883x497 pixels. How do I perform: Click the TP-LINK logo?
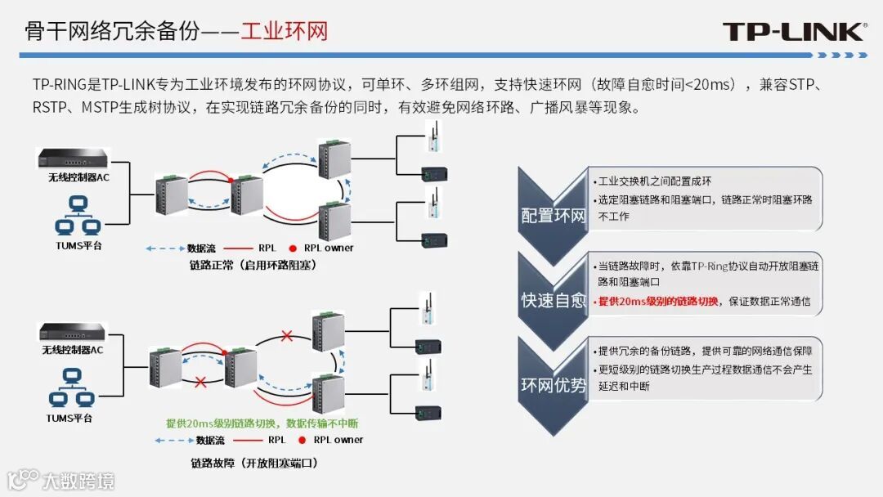(793, 32)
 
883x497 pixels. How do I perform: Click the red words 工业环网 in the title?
(284, 32)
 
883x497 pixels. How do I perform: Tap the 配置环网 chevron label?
(554, 216)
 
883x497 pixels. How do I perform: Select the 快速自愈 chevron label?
(554, 300)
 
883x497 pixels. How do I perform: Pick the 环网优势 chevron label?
(554, 385)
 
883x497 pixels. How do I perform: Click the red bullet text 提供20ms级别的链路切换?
(658, 302)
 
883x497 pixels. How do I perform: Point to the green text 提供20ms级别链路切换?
(262, 423)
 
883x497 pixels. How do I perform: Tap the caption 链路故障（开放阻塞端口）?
(253, 463)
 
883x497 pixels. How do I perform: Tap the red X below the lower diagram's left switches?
(199, 381)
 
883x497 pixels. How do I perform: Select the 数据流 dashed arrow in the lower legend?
(172, 440)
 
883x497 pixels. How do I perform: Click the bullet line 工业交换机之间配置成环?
(655, 181)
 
